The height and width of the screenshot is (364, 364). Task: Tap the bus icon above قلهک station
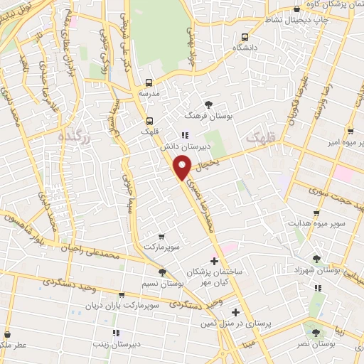click(x=149, y=120)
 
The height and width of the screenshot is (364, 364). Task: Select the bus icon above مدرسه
click(x=149, y=82)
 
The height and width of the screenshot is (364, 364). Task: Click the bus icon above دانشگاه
click(x=246, y=37)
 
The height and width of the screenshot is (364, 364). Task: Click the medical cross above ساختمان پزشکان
click(x=215, y=262)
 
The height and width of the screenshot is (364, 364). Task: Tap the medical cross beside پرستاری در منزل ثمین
click(x=235, y=313)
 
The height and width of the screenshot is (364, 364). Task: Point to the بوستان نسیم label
click(x=161, y=283)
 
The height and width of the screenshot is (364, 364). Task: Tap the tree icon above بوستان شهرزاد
click(x=316, y=259)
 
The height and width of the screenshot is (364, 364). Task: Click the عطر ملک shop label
click(x=10, y=343)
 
